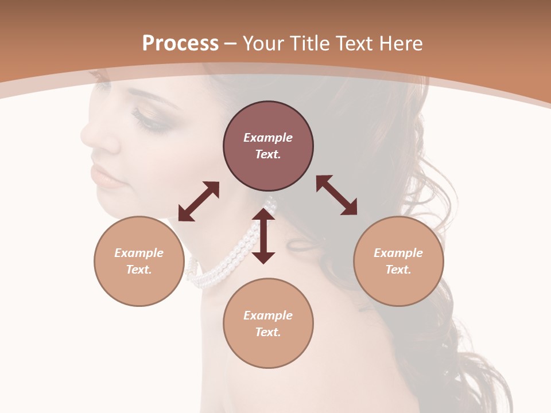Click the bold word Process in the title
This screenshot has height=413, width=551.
tap(180, 44)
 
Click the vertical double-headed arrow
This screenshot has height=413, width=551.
tap(263, 236)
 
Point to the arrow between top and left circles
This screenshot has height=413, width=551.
tap(199, 201)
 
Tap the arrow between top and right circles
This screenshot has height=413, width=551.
tap(336, 195)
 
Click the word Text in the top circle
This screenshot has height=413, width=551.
tap(268, 154)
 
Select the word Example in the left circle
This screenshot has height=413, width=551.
tap(139, 253)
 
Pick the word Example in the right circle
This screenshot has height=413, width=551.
tap(398, 253)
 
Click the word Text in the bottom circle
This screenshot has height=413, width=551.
tap(268, 332)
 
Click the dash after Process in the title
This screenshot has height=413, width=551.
tap(231, 44)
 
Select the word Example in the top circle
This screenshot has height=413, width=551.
tap(268, 138)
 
